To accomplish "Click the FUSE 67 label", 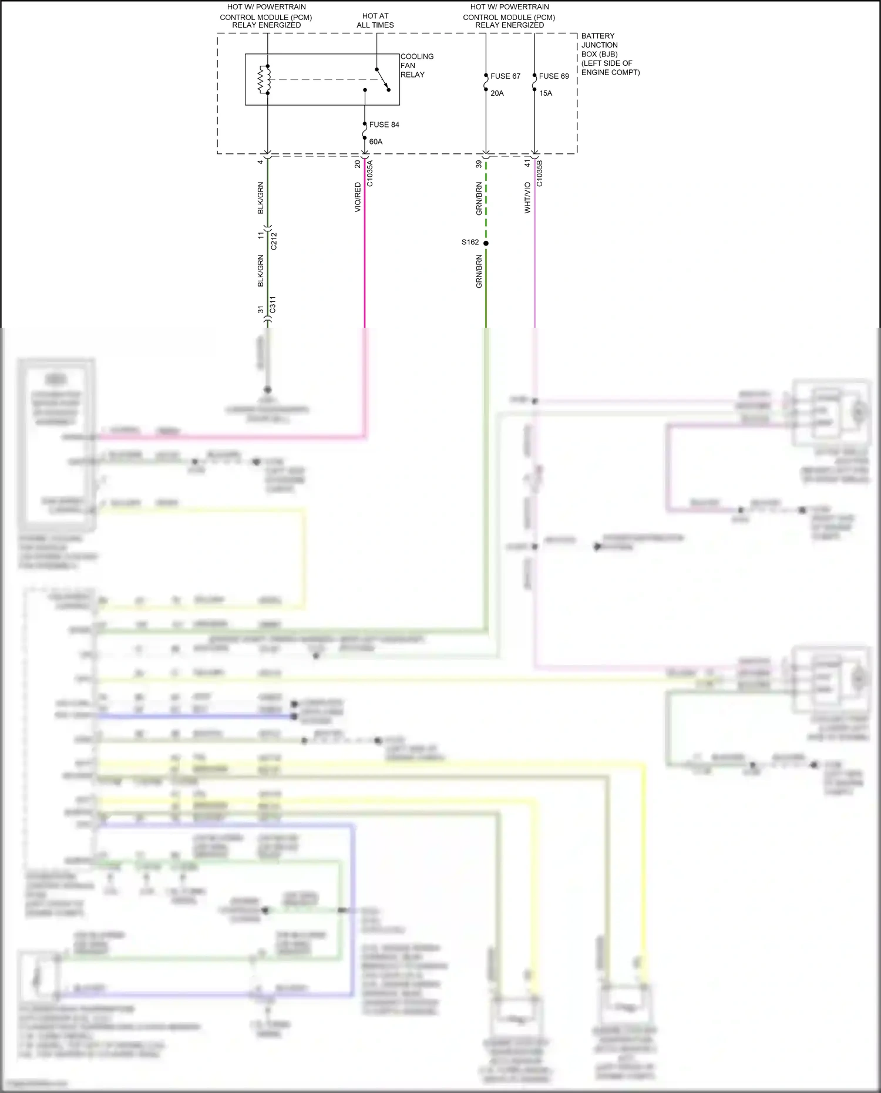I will pos(505,76).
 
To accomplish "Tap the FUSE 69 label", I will pos(554,76).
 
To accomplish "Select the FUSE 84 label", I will pos(384,125).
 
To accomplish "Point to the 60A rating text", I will pos(376,142).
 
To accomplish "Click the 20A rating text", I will pos(497,93).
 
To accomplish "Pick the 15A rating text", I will pos(546,93).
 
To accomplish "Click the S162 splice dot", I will pos(486,243).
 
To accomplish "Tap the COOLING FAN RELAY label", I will pos(416,66).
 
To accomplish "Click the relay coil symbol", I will pos(264,80).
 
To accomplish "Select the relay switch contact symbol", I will pos(382,79).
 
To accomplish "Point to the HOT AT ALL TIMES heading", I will pos(375,21).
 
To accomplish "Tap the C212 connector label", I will pos(274,241).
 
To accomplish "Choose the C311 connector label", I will pos(273,305).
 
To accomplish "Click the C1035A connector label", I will pos(369,174).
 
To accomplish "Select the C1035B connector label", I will pos(540,174).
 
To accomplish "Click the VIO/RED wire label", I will pos(358,197).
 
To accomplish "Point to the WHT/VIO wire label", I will pos(527,197).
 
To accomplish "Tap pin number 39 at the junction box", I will pos(479,164).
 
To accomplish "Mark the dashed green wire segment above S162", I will pos(486,200).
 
